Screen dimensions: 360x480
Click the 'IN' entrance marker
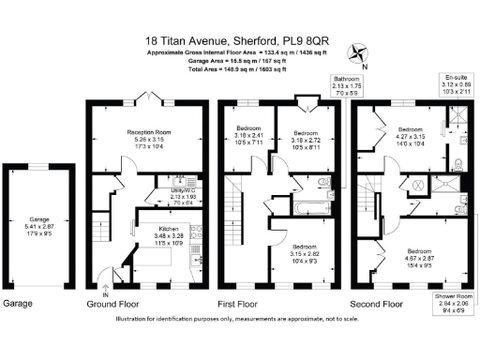pyautogui.click(x=105, y=295)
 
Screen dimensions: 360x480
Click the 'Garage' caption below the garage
pyautogui.click(x=19, y=304)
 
